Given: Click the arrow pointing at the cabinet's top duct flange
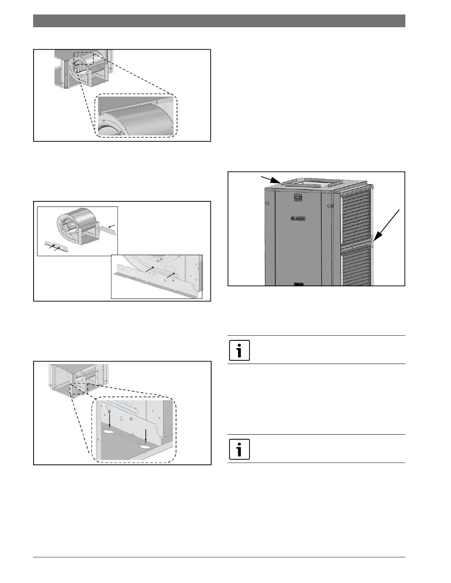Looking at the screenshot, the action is [x=271, y=180].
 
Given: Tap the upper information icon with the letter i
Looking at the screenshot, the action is [x=240, y=350].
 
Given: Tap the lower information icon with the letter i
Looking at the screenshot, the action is [x=240, y=449].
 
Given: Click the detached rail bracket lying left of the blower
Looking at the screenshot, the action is [x=56, y=247].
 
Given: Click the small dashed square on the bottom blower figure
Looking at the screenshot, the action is [x=78, y=389].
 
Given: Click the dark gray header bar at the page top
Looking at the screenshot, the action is [x=219, y=21].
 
